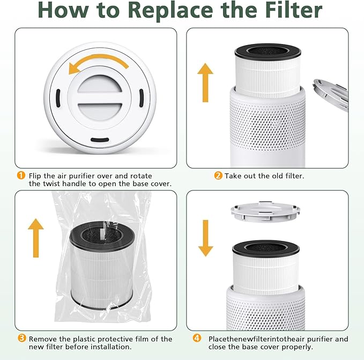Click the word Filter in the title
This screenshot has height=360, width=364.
click(x=286, y=11)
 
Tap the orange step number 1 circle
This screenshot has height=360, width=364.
click(x=21, y=175)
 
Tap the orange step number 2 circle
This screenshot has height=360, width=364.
click(x=218, y=175)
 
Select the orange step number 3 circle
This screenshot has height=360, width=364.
click(x=21, y=339)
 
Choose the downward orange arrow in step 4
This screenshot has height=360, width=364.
click(x=205, y=236)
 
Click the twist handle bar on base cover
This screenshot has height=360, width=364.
click(x=98, y=101)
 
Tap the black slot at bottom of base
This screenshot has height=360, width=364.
click(x=98, y=139)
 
